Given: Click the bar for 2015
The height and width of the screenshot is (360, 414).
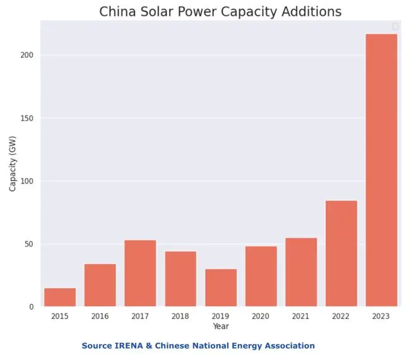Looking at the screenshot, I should (x=60, y=298).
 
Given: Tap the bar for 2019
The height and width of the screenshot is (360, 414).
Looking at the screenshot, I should (x=221, y=288).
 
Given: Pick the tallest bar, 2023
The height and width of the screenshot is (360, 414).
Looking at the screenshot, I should (x=381, y=170).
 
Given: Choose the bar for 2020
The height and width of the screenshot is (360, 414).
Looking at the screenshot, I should (x=261, y=276).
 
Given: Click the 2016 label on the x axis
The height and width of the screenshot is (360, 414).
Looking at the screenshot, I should (x=100, y=316).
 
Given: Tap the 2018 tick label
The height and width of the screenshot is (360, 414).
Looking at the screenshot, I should (x=180, y=316).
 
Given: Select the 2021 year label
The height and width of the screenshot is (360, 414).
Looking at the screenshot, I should (x=301, y=316).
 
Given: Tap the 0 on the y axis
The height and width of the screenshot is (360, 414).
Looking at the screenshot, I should (x=31, y=307).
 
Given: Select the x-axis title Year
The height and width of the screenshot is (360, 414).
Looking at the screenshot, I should (x=221, y=326).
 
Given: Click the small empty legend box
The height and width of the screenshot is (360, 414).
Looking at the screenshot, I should (x=395, y=26).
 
